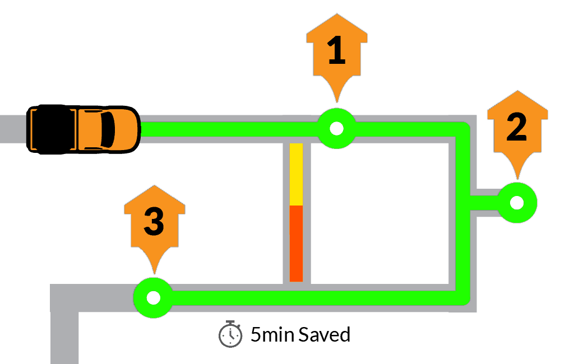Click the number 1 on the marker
(336, 50)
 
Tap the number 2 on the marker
(516, 127)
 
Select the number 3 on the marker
(154, 221)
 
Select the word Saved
(325, 334)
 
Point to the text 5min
(272, 334)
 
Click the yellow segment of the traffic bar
(296, 174)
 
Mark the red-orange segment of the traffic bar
(296, 244)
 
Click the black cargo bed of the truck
(54, 129)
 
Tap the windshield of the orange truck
(107, 129)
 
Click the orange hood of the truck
(126, 129)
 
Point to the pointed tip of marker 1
(337, 102)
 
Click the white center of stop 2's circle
(517, 203)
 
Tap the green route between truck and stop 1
(229, 129)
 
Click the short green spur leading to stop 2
(484, 203)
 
